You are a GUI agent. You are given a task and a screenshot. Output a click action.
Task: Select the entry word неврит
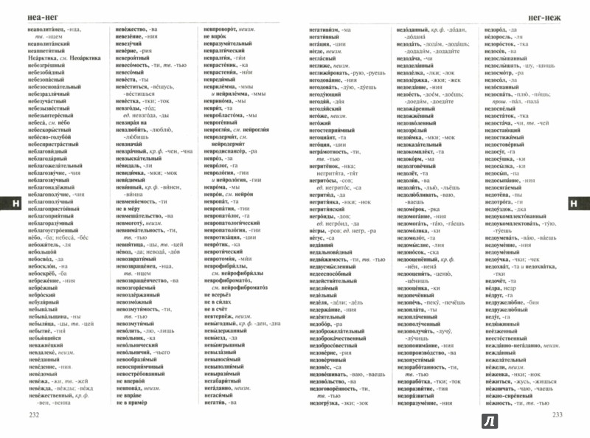212,109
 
